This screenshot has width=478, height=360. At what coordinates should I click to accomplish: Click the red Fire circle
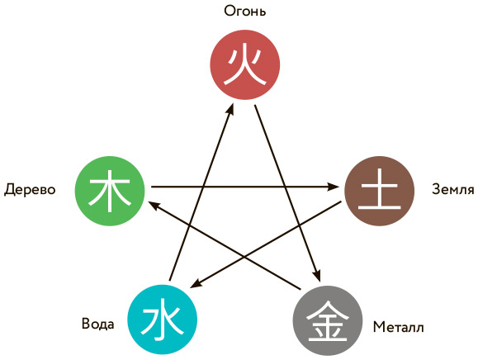(245, 64)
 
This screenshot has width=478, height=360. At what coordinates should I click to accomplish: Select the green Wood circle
(110, 191)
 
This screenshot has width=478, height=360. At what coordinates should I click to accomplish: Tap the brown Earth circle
(379, 191)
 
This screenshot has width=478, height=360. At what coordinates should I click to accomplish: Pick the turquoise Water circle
(162, 320)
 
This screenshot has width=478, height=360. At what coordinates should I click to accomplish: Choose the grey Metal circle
(328, 320)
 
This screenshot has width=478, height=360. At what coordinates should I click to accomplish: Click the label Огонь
(245, 12)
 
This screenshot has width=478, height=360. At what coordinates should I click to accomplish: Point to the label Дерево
(30, 190)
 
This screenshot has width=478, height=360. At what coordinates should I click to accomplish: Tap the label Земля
(453, 189)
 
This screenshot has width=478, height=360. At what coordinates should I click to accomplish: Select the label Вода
(98, 324)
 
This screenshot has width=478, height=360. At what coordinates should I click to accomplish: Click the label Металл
(399, 327)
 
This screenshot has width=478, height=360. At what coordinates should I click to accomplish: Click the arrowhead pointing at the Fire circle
(231, 109)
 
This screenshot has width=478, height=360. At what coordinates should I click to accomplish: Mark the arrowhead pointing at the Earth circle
(334, 187)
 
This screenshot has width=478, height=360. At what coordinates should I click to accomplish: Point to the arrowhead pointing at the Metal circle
(317, 275)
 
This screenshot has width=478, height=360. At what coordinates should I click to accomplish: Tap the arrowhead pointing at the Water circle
(196, 283)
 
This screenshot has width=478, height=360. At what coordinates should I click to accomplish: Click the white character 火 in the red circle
(245, 66)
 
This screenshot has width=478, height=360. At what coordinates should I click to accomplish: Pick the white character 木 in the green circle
(110, 191)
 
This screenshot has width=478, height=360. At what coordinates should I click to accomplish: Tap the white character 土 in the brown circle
(379, 189)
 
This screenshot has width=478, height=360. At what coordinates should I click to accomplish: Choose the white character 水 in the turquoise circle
(162, 319)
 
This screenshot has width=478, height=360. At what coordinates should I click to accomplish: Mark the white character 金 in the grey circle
(328, 321)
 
